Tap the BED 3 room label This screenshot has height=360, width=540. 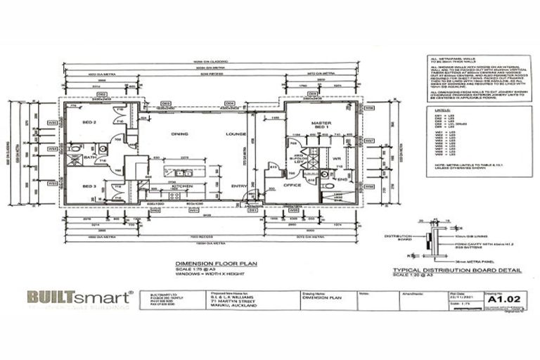[89, 186]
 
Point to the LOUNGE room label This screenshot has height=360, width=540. [234, 133]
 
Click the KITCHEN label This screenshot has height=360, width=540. [182, 186]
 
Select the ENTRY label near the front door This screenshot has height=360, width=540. [239, 186]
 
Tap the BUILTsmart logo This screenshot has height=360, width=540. [79, 297]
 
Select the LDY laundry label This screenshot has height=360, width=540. [299, 163]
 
